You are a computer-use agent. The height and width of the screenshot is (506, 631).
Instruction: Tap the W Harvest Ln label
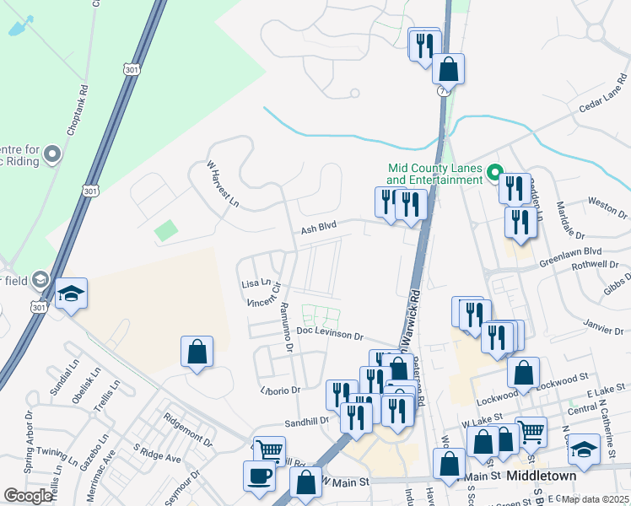(224, 184)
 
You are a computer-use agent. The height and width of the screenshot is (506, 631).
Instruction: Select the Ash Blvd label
(319, 228)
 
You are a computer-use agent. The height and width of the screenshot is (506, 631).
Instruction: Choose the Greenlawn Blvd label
(571, 251)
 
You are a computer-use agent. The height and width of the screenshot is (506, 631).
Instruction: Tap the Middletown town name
(542, 476)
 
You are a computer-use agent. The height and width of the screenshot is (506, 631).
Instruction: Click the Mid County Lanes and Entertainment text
(434, 174)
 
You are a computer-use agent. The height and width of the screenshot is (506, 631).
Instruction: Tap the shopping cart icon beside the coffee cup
(269, 451)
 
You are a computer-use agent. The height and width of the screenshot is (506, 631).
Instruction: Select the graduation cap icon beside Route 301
(72, 293)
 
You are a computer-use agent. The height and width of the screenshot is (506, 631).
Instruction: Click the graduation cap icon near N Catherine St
(585, 447)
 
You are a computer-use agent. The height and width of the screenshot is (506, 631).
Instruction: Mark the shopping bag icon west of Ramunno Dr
(197, 353)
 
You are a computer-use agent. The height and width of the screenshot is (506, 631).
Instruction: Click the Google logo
(28, 496)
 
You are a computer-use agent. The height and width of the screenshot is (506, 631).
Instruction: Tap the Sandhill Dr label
(305, 419)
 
